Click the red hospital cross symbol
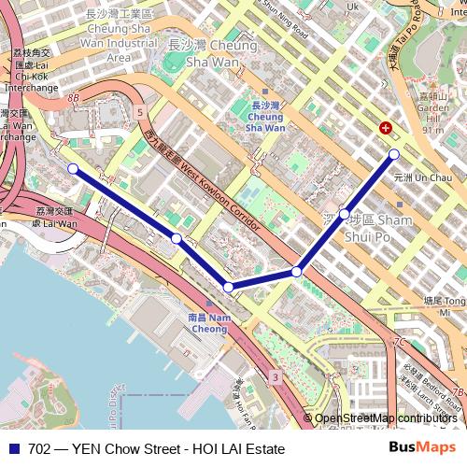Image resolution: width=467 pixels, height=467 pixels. [x=385, y=129]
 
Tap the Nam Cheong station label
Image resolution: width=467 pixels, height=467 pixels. [x=207, y=323]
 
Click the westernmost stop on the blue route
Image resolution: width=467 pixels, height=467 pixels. [x=73, y=169]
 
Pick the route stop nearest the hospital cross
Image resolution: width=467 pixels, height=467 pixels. [x=393, y=154]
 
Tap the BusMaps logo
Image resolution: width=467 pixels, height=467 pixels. [x=422, y=448]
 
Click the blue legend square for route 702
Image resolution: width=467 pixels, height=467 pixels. [x=14, y=449]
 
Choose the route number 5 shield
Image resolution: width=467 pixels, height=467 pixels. [x=139, y=112]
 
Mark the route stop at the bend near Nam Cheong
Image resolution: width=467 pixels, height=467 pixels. [x=228, y=287]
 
